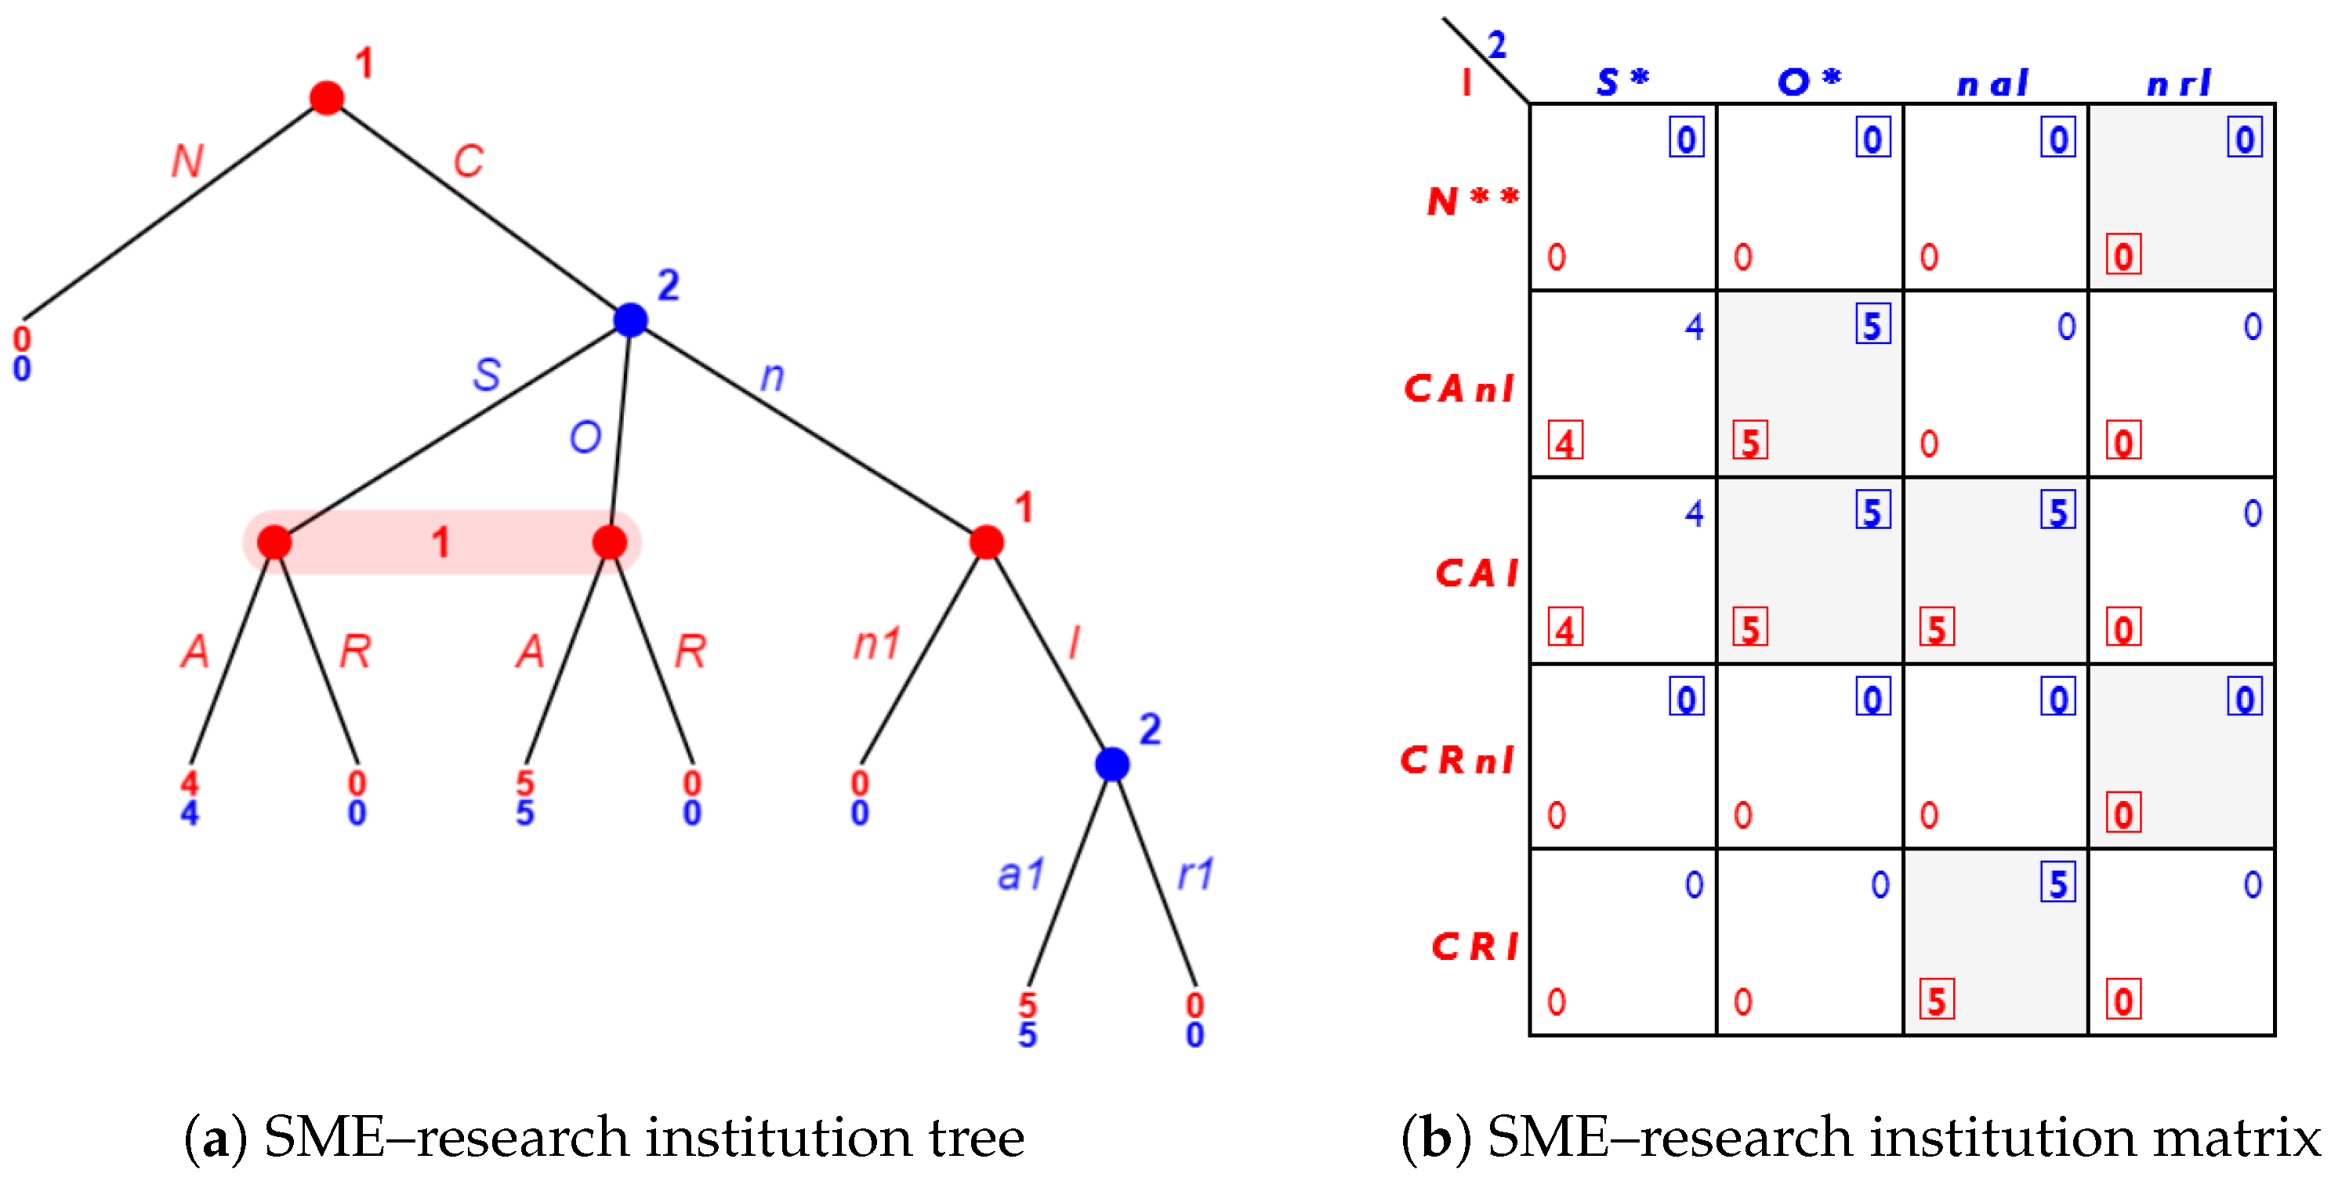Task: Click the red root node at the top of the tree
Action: (x=327, y=98)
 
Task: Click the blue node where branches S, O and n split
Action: (x=631, y=320)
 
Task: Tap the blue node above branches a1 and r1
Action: (x=1112, y=765)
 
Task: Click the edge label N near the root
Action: (x=187, y=162)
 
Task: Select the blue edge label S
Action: (x=487, y=375)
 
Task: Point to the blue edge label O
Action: (x=585, y=438)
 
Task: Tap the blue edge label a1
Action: (x=1020, y=875)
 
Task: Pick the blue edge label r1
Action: (x=1195, y=875)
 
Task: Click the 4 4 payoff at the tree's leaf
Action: (x=189, y=798)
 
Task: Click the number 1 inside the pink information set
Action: (x=440, y=543)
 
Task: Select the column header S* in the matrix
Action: (x=1622, y=82)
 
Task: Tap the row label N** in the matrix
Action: (x=1471, y=200)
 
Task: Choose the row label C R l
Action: (x=1474, y=947)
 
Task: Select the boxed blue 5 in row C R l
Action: (x=2057, y=884)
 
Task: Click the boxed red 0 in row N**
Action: (x=2123, y=256)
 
